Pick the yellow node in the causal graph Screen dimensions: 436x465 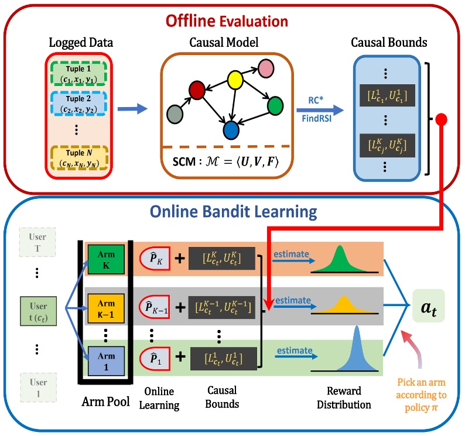(235, 78)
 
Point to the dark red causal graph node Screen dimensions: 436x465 (196, 90)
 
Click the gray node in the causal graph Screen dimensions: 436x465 (175, 113)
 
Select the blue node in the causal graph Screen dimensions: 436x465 (231, 129)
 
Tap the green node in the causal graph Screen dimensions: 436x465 (275, 106)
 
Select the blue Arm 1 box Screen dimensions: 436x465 (106, 358)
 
